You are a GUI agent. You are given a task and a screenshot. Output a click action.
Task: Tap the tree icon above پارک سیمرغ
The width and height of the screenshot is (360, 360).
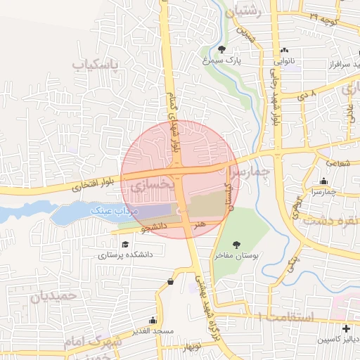pyautogui.click(x=222, y=49)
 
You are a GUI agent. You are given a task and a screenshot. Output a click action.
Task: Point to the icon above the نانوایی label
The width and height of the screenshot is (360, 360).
pyautogui.click(x=285, y=50)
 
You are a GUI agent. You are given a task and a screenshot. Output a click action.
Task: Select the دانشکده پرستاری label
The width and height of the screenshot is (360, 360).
pyautogui.click(x=125, y=255)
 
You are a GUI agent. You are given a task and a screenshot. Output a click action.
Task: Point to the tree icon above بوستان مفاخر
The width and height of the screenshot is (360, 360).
pyautogui.click(x=237, y=244)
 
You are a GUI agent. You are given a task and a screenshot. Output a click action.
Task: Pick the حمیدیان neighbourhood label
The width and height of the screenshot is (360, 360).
pyautogui.click(x=52, y=296)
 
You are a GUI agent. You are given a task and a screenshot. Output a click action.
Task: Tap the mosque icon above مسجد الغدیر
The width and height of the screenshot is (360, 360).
pyautogui.click(x=153, y=320)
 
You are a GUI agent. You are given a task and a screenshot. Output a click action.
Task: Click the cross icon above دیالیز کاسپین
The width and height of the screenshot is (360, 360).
pyautogui.click(x=345, y=328)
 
